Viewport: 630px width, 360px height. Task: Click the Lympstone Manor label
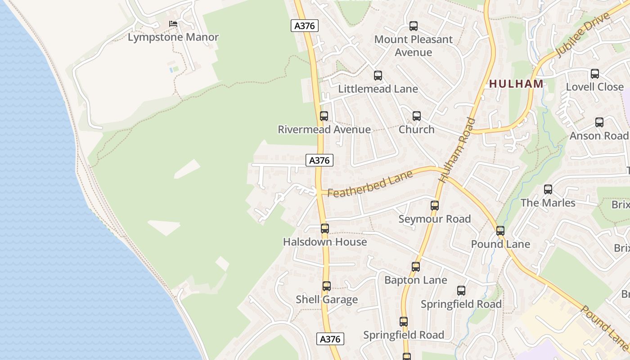[x=173, y=37]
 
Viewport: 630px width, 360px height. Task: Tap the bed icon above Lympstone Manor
[x=173, y=23]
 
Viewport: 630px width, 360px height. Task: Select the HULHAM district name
[x=516, y=84]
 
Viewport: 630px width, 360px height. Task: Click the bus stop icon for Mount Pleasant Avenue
[x=414, y=26]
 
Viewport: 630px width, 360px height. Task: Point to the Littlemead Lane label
[x=378, y=89]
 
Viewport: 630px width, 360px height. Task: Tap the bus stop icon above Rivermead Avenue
[x=324, y=116]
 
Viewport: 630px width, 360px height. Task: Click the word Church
[x=417, y=130]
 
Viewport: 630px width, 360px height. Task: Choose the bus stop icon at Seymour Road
[x=435, y=206]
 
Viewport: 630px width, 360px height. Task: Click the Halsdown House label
[x=325, y=242]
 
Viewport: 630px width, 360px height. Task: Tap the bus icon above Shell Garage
[x=327, y=286]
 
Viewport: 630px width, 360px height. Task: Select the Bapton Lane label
[x=416, y=280]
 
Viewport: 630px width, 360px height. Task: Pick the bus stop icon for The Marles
[x=548, y=189]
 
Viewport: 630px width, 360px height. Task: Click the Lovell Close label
[x=595, y=87]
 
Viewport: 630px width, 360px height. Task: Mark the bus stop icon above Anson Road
[x=599, y=122]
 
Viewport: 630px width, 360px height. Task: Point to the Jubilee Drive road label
[x=583, y=35]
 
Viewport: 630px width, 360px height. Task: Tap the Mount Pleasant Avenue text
[x=414, y=46]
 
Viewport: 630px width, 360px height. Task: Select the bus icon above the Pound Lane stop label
[x=500, y=231]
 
